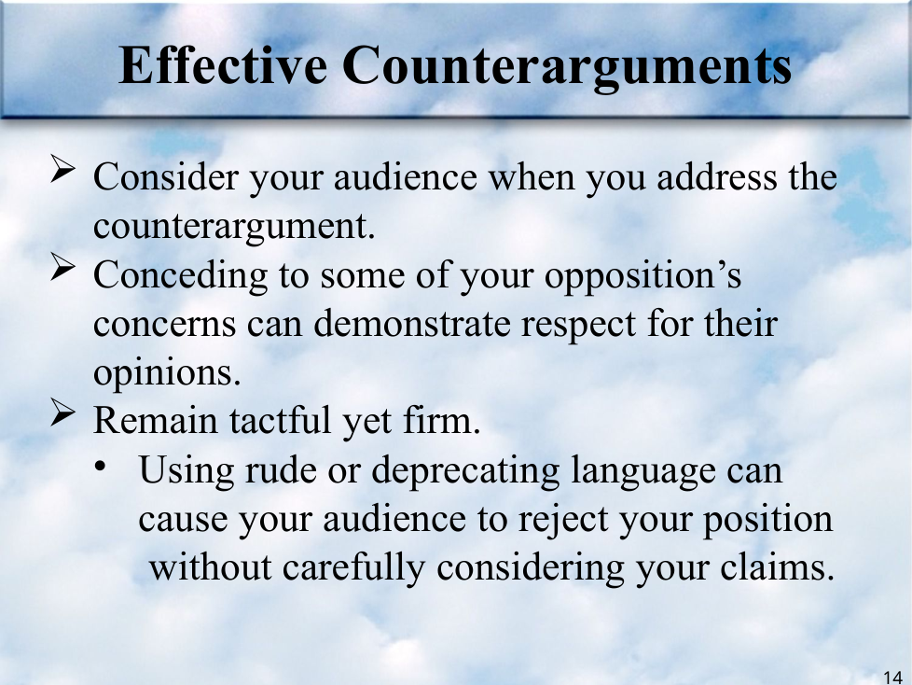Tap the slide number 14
(892, 678)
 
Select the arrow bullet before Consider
(62, 169)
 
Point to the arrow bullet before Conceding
(62, 267)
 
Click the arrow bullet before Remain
(62, 412)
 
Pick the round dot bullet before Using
(102, 467)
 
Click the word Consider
(166, 176)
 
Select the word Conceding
(180, 274)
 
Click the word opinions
(167, 373)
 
